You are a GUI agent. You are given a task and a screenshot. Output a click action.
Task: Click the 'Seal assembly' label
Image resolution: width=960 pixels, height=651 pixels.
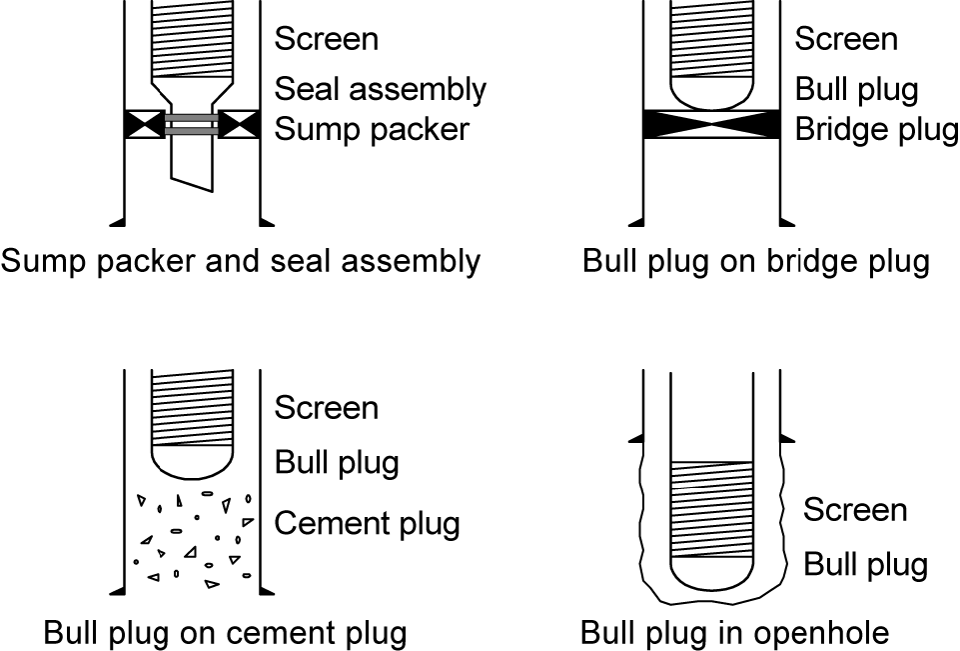click(x=380, y=89)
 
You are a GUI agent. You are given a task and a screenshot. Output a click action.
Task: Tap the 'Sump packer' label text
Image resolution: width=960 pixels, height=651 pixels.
click(x=372, y=129)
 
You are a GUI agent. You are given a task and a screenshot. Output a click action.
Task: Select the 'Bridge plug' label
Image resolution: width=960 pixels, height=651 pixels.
click(x=876, y=129)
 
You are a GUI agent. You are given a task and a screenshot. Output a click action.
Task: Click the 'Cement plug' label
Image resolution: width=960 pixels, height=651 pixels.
click(x=367, y=523)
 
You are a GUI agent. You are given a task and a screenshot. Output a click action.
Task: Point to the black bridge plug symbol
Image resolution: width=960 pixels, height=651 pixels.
click(x=711, y=124)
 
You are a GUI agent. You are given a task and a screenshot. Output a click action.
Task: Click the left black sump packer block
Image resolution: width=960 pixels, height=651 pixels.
click(x=144, y=124)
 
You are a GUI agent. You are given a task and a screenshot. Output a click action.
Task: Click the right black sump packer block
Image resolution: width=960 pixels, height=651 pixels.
click(x=239, y=124)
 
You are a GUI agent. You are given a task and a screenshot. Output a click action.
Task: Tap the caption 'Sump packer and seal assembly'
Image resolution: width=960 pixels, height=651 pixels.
click(x=241, y=261)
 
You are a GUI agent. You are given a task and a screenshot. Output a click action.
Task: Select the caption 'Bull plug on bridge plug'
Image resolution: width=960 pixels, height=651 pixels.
click(x=756, y=261)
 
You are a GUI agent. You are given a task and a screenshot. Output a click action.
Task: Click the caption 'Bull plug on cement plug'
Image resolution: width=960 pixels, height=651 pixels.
click(x=225, y=633)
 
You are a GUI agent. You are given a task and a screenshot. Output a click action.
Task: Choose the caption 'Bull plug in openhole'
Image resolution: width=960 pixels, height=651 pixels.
click(x=734, y=633)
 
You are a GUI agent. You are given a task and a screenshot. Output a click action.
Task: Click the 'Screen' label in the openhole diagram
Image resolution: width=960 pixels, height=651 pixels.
click(x=855, y=510)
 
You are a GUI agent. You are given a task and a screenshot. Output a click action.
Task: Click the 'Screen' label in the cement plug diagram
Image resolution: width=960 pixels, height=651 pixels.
click(x=327, y=408)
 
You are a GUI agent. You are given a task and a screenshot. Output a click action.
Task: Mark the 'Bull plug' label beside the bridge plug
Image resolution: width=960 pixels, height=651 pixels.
click(x=856, y=89)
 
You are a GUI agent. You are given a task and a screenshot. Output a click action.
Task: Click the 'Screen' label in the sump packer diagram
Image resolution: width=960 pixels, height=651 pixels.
click(x=327, y=39)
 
